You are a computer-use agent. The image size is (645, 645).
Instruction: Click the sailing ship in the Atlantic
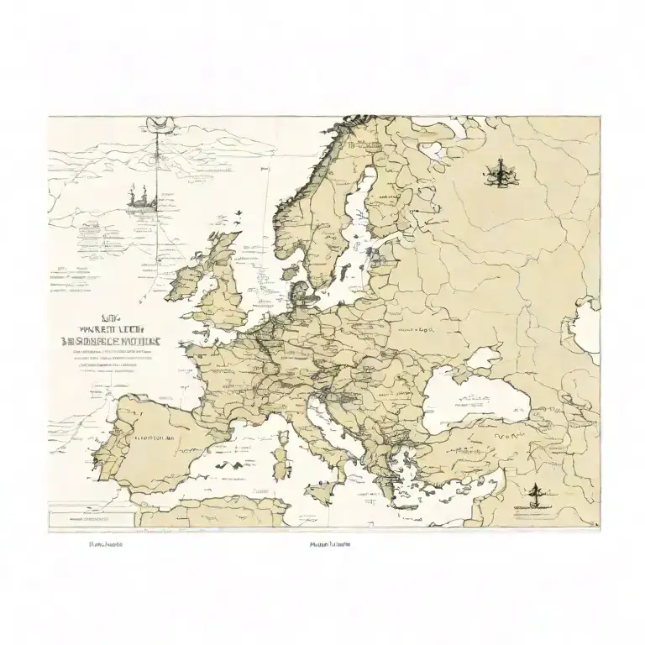coord(141,197)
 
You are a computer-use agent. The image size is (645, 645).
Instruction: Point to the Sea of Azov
coord(485,359)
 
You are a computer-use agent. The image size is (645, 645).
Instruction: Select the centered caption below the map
coord(329,544)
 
